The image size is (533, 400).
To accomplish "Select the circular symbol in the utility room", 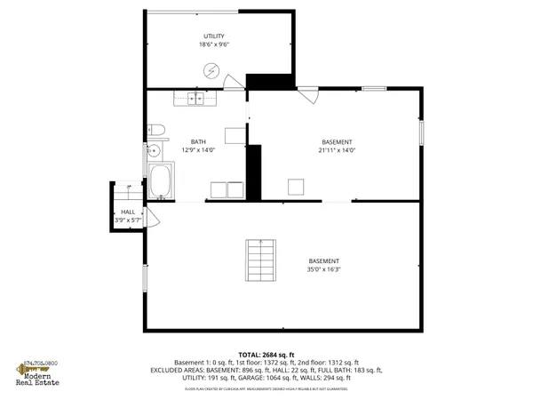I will click(x=212, y=70).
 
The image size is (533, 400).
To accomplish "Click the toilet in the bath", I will click(x=153, y=127).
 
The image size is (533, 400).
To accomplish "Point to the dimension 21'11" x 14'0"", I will click(x=337, y=150).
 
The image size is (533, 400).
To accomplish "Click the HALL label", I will click(x=127, y=211).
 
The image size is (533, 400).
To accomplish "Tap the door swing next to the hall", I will click(x=151, y=219).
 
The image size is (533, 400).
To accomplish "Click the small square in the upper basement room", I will click(x=296, y=186).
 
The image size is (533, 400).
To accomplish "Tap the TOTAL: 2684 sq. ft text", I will click(x=266, y=355).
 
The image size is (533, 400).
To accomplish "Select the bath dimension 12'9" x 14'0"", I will click(x=198, y=150).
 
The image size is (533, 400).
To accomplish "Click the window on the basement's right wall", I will click(x=422, y=131).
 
